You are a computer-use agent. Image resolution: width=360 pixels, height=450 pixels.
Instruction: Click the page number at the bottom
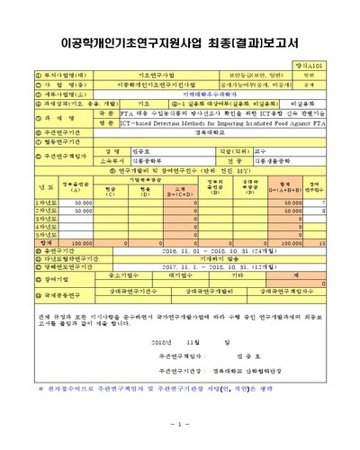(x=180, y=424)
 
